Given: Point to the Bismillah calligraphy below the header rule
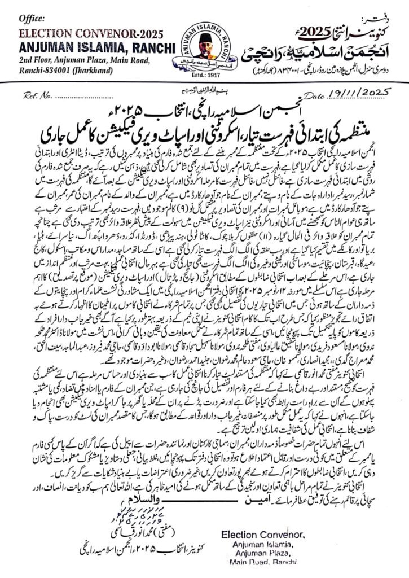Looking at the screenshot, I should tap(206, 90).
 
